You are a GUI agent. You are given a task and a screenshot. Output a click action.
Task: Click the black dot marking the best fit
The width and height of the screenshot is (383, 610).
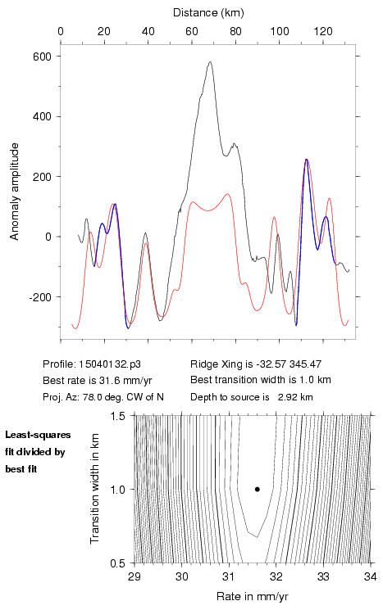(x=258, y=489)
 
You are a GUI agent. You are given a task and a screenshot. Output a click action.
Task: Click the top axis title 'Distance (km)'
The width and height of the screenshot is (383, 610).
(x=208, y=13)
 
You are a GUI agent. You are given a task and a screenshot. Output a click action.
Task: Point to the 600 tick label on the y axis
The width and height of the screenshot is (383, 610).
(x=42, y=56)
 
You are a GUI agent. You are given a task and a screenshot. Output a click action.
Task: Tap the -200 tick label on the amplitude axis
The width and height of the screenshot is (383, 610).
(x=39, y=297)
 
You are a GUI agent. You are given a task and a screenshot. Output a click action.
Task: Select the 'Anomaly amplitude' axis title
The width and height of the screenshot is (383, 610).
(x=15, y=192)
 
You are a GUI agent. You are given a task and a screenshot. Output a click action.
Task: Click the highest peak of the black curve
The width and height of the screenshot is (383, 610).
(x=210, y=61)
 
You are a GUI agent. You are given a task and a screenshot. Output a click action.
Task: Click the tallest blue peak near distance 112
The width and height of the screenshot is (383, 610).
(x=307, y=160)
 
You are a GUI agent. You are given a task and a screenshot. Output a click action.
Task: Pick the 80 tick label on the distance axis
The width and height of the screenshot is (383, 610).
(x=235, y=31)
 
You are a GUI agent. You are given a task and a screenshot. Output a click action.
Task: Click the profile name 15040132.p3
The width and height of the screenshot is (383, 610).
(x=109, y=364)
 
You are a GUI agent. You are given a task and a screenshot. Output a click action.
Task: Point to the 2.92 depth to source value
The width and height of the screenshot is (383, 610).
(x=285, y=397)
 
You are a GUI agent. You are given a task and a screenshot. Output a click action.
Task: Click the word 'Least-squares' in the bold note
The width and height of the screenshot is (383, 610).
(x=38, y=435)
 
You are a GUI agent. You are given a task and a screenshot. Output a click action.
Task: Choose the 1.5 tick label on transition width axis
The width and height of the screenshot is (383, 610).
(x=117, y=416)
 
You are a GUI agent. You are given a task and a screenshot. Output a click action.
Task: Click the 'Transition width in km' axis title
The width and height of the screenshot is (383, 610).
(x=94, y=488)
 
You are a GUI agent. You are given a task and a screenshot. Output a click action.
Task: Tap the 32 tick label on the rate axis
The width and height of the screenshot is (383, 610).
(x=276, y=576)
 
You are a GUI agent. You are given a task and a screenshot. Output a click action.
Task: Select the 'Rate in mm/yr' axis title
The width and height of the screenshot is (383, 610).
(x=252, y=596)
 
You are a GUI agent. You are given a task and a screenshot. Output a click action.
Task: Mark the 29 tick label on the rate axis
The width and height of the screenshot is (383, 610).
(x=135, y=576)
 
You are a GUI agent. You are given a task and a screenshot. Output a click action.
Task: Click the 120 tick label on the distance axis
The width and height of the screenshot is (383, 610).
(x=323, y=31)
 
